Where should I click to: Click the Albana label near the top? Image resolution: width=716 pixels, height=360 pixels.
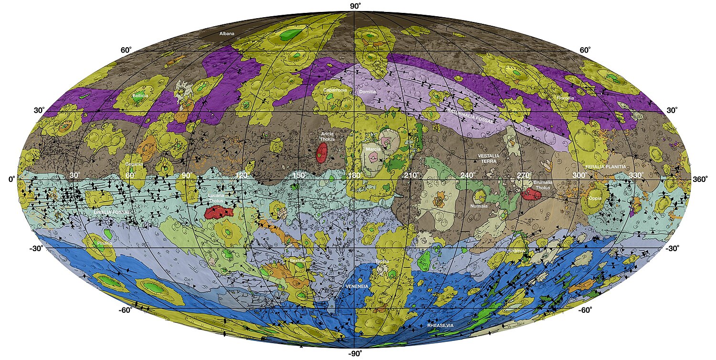(x=227, y=34)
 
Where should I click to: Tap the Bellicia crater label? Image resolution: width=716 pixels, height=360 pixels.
(x=140, y=95)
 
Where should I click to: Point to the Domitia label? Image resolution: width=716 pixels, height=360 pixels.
(x=368, y=92)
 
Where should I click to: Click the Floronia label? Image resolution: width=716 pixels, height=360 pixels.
(x=565, y=98)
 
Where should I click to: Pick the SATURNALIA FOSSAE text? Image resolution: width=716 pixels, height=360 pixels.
(x=470, y=116)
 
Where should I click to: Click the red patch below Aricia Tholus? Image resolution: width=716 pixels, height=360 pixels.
(x=321, y=151)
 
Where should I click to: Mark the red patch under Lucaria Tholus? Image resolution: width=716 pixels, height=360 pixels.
(x=218, y=212)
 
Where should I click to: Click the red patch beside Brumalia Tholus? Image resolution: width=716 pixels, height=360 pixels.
(x=530, y=193)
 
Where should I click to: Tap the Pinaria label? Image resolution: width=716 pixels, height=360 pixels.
(x=105, y=243)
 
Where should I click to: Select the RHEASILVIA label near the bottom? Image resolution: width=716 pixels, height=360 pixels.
(x=441, y=325)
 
